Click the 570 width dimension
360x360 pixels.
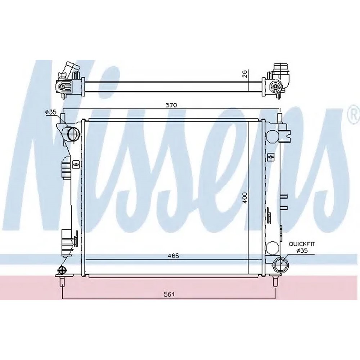[172, 105]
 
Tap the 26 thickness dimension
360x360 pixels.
[244, 74]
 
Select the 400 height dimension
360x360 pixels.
[245, 197]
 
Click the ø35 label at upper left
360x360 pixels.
[51, 112]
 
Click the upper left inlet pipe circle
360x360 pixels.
[73, 134]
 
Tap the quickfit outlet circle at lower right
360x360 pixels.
[280, 265]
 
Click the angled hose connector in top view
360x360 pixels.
[70, 69]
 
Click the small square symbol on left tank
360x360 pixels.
[76, 165]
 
